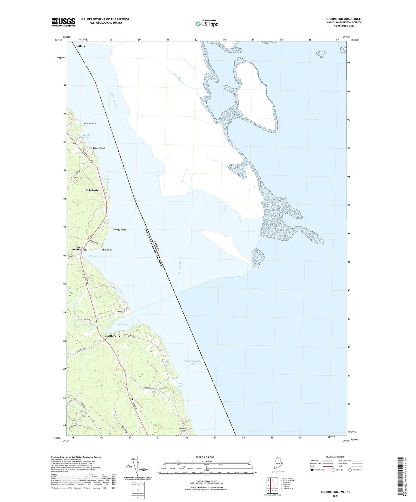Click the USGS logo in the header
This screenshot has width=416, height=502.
[63, 22]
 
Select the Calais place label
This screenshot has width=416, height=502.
[81, 46]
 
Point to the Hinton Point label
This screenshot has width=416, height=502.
[90, 123]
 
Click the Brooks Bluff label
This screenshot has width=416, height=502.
[99, 148]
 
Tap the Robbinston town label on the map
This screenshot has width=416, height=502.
[93, 190]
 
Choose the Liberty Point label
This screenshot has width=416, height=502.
[119, 230]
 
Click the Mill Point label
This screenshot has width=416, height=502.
[107, 250]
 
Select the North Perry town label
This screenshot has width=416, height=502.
[113, 336]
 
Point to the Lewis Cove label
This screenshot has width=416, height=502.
[124, 324]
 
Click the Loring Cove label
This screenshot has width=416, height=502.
[180, 385]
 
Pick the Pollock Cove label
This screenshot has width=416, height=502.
[107, 181]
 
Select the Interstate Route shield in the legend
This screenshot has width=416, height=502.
[312, 470]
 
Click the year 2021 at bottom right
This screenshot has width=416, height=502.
[335, 496]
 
